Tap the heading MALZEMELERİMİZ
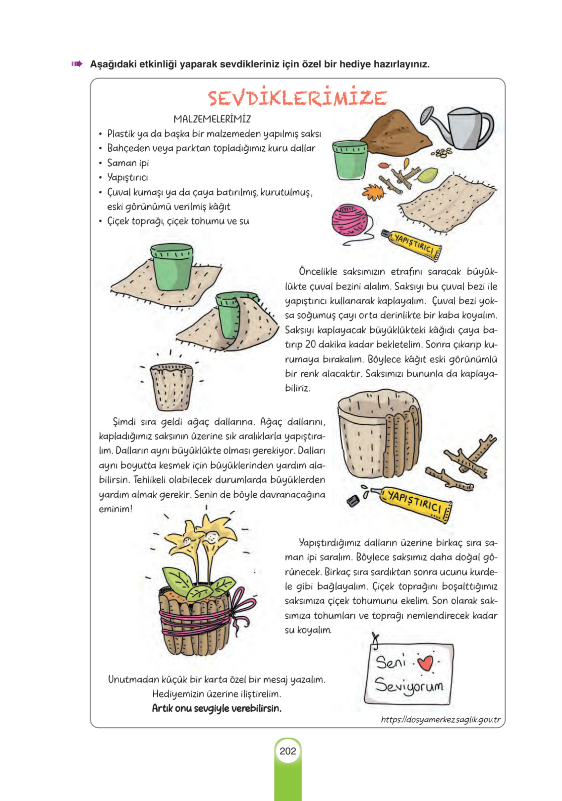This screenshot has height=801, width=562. (212, 119)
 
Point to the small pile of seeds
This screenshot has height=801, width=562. (441, 152)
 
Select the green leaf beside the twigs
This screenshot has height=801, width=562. (428, 175)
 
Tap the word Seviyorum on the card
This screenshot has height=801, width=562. (409, 686)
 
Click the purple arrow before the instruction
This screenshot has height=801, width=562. (76, 64)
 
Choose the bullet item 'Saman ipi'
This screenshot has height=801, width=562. (128, 163)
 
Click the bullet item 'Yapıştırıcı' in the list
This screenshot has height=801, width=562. (127, 177)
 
